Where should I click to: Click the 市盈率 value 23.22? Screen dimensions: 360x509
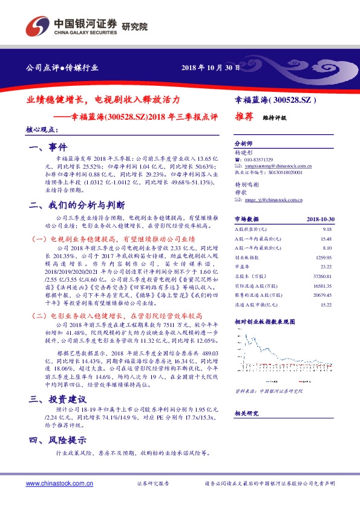point(327,266)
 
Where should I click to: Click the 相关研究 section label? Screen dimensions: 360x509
point(246,413)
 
